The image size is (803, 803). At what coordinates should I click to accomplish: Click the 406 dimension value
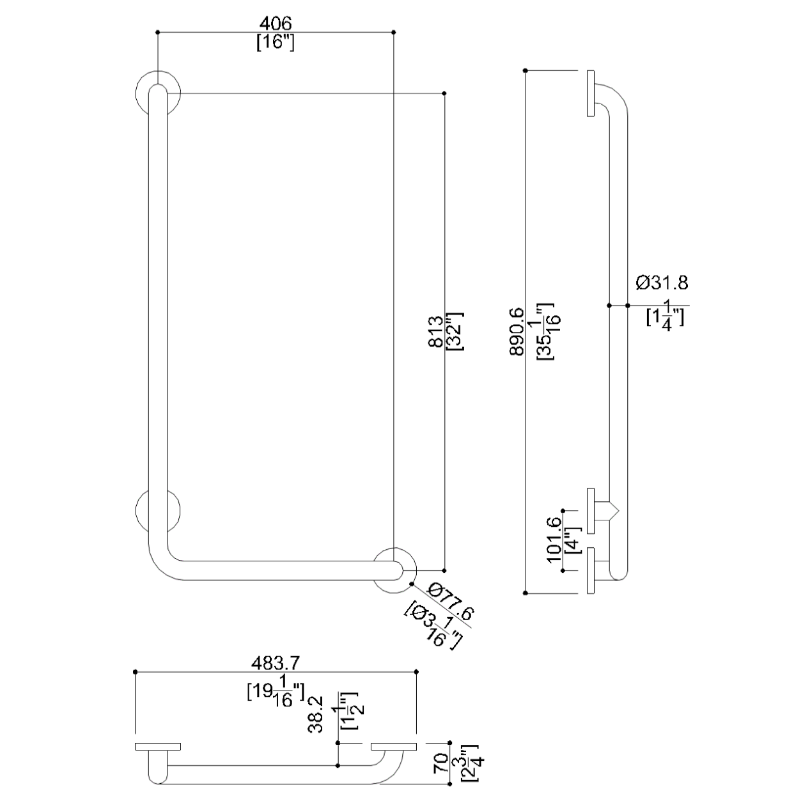click(276, 24)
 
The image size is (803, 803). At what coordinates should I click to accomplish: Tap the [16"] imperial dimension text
click(276, 42)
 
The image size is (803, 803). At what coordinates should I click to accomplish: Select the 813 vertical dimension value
click(435, 332)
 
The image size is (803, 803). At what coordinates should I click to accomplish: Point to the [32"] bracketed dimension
click(455, 332)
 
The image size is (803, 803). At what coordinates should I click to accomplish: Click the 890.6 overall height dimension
click(517, 332)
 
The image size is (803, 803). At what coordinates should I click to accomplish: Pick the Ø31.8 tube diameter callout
click(662, 283)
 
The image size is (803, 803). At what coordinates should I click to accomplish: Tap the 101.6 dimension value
click(554, 540)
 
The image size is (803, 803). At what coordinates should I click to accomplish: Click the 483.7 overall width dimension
click(276, 663)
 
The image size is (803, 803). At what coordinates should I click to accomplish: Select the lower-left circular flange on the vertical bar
click(137, 511)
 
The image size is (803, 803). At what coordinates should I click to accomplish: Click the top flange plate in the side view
click(591, 93)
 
